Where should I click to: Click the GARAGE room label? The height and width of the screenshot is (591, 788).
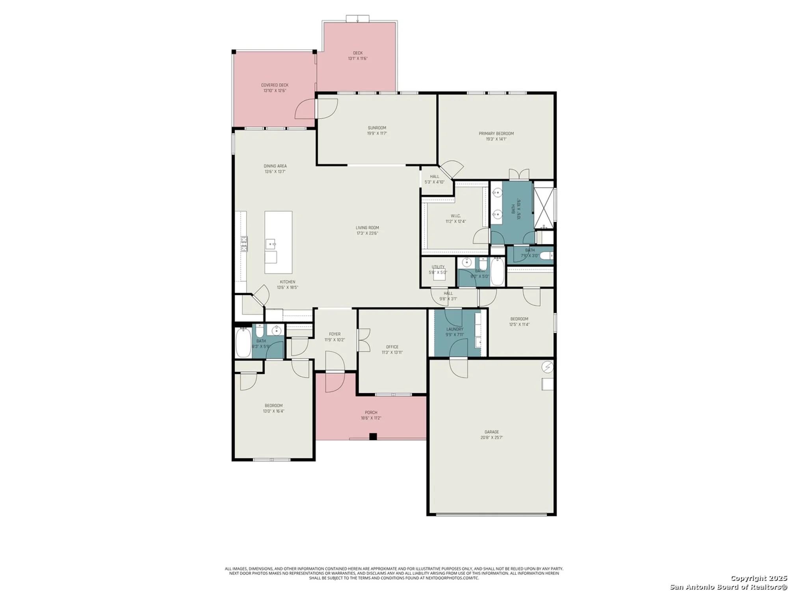(x=491, y=432)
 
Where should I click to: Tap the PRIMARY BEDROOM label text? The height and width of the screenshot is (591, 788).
(x=496, y=134)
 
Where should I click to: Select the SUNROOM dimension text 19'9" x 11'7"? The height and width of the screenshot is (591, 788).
(x=377, y=134)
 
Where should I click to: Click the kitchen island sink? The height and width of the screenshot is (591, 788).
(x=271, y=244)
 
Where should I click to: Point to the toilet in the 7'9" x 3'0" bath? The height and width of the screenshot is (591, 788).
(x=546, y=256)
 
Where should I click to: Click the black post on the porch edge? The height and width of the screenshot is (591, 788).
(x=373, y=436)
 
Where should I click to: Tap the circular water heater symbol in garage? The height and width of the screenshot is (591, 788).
(x=547, y=367)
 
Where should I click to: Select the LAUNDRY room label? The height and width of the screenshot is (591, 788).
(x=455, y=329)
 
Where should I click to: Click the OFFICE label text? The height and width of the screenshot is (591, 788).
(x=392, y=347)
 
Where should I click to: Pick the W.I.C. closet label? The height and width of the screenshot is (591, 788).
(x=455, y=216)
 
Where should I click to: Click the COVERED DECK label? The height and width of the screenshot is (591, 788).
(x=275, y=85)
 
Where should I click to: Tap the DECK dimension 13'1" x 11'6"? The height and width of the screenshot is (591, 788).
(x=358, y=59)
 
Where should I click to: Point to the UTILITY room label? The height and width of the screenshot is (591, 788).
(x=438, y=267)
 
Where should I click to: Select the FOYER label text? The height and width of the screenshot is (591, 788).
(x=335, y=334)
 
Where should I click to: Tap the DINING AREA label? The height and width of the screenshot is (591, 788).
(x=275, y=166)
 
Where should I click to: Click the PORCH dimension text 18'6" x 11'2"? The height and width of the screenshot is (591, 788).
(x=371, y=418)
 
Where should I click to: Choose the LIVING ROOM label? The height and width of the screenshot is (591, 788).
(x=367, y=227)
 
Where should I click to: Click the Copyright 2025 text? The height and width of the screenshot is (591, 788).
(x=758, y=578)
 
